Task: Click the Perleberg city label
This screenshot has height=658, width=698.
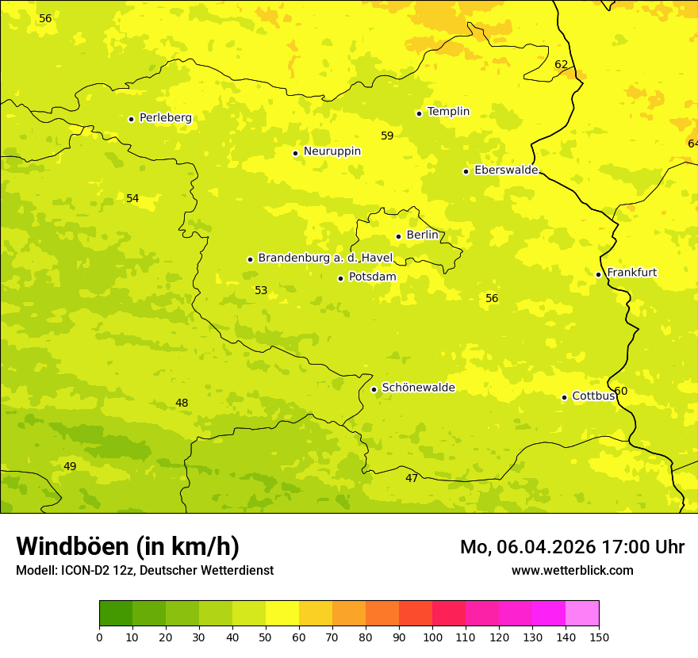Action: click(x=165, y=118)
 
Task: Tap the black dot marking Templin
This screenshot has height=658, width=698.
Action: click(x=419, y=113)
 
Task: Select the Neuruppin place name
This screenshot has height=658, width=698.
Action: click(x=332, y=151)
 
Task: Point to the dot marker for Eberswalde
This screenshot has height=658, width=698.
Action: click(x=466, y=171)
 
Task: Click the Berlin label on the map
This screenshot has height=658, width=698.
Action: click(x=422, y=235)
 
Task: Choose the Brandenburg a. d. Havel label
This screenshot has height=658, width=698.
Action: click(x=325, y=258)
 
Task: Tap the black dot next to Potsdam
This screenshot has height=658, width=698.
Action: click(x=340, y=278)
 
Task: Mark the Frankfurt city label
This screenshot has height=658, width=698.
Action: click(x=631, y=273)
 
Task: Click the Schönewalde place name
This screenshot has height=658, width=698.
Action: click(x=418, y=388)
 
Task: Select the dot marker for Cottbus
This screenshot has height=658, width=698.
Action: click(x=564, y=397)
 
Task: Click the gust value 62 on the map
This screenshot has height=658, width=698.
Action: click(x=561, y=65)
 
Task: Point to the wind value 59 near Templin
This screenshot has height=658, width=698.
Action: click(x=387, y=136)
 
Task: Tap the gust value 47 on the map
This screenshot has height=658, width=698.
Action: click(x=411, y=478)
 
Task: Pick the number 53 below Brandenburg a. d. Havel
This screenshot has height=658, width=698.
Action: click(x=261, y=291)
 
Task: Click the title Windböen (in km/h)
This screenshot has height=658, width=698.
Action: click(x=128, y=546)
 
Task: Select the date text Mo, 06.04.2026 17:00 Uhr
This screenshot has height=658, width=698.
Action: click(x=572, y=547)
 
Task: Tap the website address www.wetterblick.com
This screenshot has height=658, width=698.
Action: click(x=572, y=570)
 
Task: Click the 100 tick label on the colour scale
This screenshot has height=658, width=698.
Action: click(x=432, y=637)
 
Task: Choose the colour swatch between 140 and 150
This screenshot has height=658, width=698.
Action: click(x=582, y=614)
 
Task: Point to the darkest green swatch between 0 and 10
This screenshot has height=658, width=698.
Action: click(x=116, y=614)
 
